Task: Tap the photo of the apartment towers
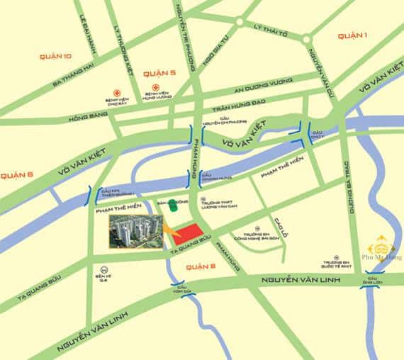pyautogui.click(x=135, y=230)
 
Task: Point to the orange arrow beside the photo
pyautogui.click(x=171, y=231)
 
